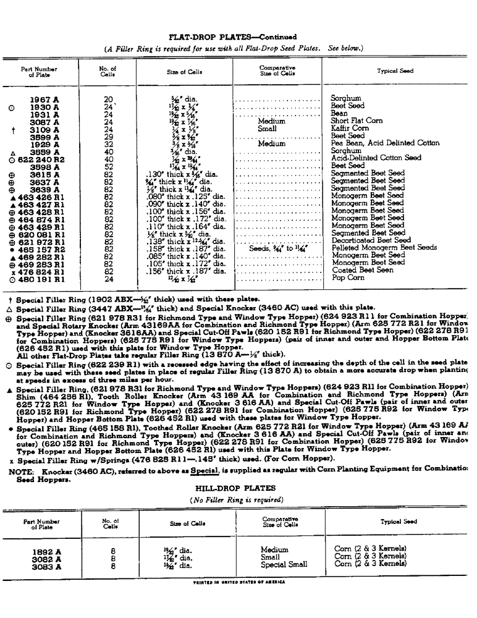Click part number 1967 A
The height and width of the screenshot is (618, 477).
[44, 99]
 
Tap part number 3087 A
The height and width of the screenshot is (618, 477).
[44, 121]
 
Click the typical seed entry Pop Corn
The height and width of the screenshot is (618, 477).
[348, 277]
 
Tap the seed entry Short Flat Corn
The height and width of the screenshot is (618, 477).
[357, 121]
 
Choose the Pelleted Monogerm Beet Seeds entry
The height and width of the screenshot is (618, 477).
[384, 248]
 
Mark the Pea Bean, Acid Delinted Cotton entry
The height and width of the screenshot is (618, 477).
[385, 143]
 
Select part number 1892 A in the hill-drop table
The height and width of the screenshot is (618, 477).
[46, 549]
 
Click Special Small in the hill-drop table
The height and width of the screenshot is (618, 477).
[284, 564]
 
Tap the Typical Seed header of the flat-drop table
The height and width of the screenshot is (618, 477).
[395, 71]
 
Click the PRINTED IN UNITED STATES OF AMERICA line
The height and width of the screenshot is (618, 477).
[238, 582]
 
